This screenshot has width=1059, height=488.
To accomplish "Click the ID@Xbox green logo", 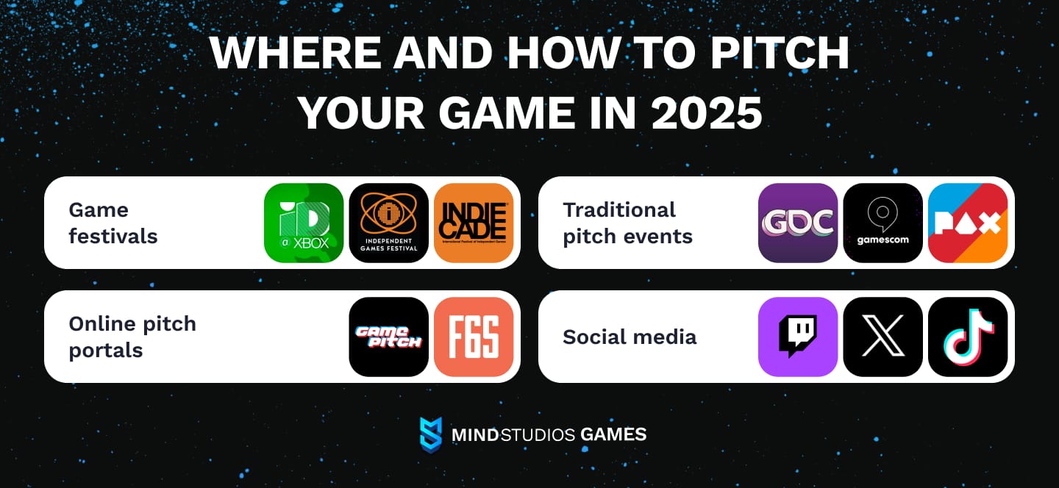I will pyautogui.click(x=304, y=223).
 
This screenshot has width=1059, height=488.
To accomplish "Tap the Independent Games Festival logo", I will pyautogui.click(x=388, y=223).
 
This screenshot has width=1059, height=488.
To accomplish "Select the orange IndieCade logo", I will pyautogui.click(x=474, y=223).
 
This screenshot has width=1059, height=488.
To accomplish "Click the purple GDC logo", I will pyautogui.click(x=798, y=223).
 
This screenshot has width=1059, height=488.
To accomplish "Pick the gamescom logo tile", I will pyautogui.click(x=883, y=223).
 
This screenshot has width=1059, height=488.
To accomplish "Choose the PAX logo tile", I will pyautogui.click(x=968, y=223).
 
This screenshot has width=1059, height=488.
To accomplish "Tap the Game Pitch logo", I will pyautogui.click(x=388, y=337).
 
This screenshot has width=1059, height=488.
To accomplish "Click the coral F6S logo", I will pyautogui.click(x=474, y=337).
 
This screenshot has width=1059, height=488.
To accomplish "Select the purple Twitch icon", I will pyautogui.click(x=798, y=337).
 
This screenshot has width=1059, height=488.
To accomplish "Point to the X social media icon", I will pyautogui.click(x=883, y=337).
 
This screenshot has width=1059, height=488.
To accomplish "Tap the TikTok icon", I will pyautogui.click(x=968, y=337).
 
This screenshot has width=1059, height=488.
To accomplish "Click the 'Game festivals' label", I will pyautogui.click(x=113, y=223).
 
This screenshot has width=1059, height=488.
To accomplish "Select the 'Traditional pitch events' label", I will pyautogui.click(x=627, y=223).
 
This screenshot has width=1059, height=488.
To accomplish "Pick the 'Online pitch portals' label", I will pyautogui.click(x=132, y=337).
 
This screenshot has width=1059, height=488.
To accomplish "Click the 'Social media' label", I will pyautogui.click(x=629, y=337).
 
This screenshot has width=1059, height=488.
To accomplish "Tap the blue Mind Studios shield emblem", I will pyautogui.click(x=430, y=434).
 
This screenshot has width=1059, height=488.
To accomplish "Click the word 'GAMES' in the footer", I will pyautogui.click(x=613, y=434).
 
